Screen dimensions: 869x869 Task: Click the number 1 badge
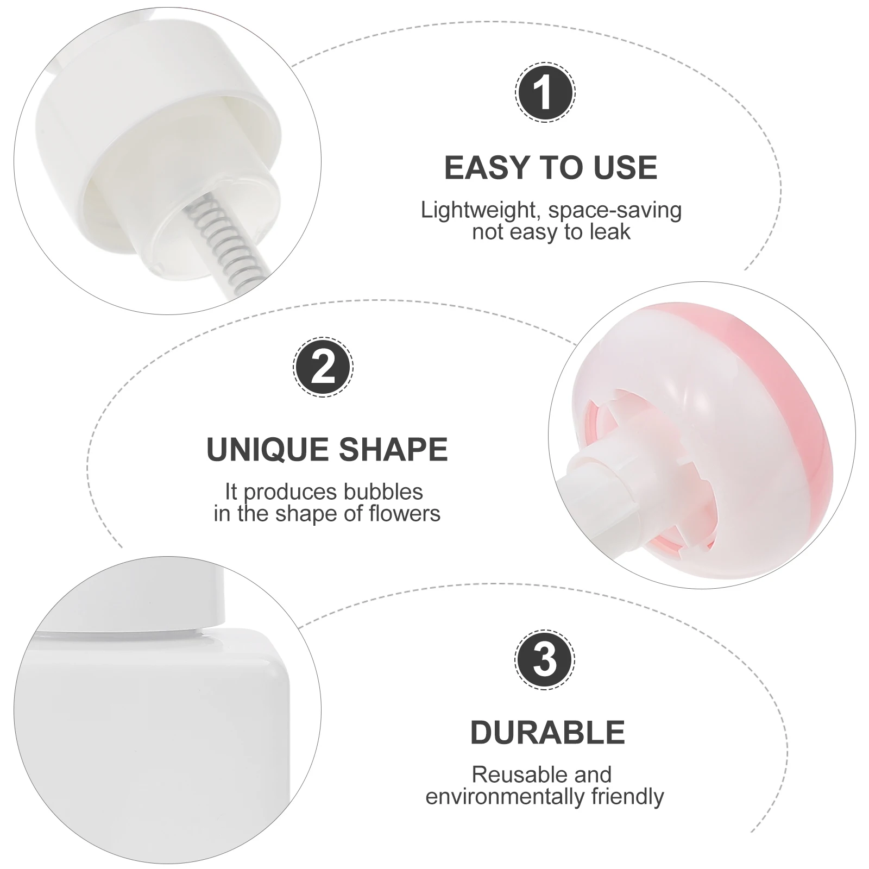pos(545,92)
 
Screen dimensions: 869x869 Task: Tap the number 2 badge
pos(323,367)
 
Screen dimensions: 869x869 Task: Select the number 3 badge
pos(545,660)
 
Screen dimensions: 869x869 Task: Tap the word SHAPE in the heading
pos(393,450)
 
